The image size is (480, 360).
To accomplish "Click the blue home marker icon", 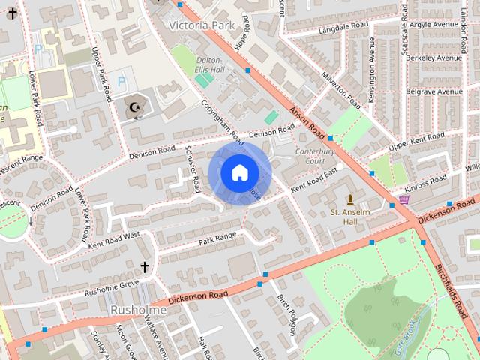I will [x=239, y=173].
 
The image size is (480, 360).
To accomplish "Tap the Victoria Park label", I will [x=202, y=24].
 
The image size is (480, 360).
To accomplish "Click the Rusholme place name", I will [x=138, y=309].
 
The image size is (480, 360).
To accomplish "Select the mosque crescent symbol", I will [x=135, y=109].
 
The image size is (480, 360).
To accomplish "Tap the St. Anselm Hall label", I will [x=350, y=217].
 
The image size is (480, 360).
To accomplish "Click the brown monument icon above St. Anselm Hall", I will [x=349, y=199].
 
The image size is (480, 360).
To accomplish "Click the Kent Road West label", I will [x=114, y=240].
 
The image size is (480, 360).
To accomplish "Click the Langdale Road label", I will [x=344, y=28].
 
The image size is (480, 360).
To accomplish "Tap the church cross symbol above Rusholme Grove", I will [x=145, y=267].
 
